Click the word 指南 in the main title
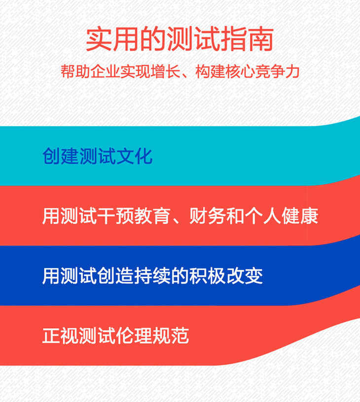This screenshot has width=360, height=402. tap(247, 39)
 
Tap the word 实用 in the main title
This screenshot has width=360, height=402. tap(112, 39)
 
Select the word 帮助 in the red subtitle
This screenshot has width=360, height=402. tap(75, 71)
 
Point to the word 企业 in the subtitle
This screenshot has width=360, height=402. tap(105, 71)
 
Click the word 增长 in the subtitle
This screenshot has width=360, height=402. tap(165, 71)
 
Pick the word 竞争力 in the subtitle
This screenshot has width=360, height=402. tap(277, 71)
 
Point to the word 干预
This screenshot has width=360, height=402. tap(116, 216)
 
